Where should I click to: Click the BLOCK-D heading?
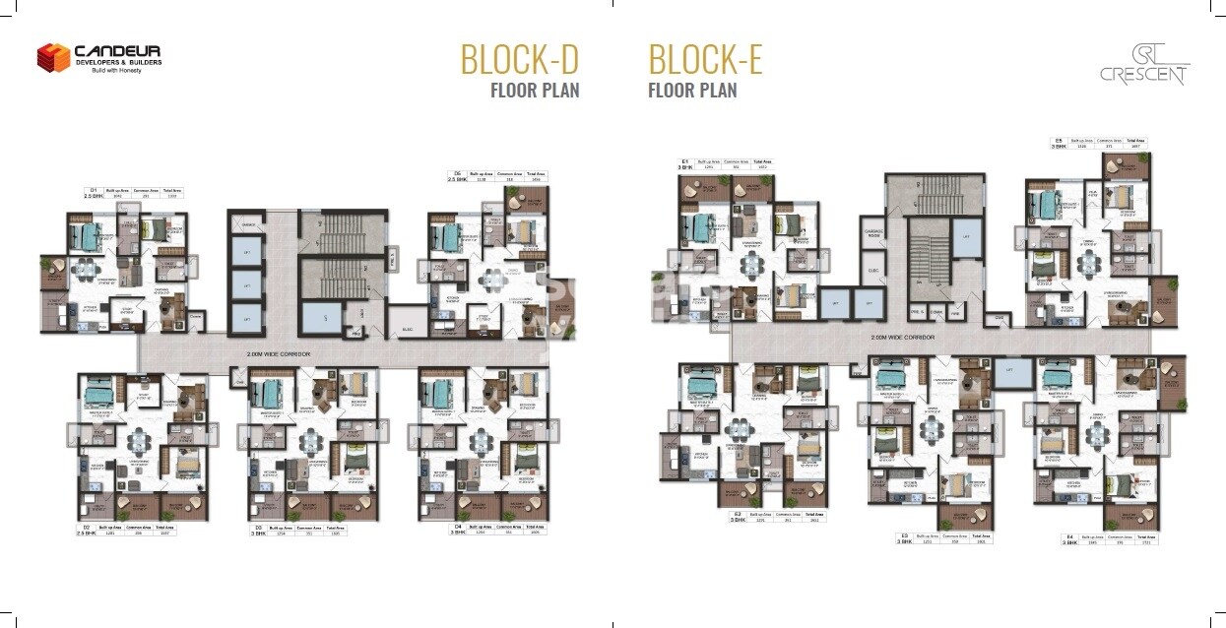(x=519, y=60)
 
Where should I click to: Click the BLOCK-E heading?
(x=705, y=60)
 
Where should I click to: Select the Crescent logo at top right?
(x=1144, y=66)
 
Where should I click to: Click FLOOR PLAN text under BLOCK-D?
(x=535, y=91)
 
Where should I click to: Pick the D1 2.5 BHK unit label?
(x=95, y=194)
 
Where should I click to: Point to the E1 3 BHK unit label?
(x=684, y=164)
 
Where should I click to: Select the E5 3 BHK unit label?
(x=1059, y=144)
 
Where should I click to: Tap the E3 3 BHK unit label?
(x=903, y=538)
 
